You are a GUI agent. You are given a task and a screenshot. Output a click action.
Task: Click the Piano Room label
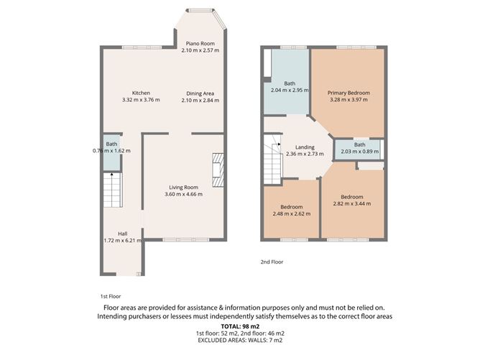(x=198, y=47)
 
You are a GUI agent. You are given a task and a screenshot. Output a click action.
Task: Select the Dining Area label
(x=200, y=97)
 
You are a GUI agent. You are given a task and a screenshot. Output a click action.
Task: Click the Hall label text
(x=123, y=236)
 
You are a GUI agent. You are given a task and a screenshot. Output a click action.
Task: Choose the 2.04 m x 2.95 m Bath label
(x=286, y=87)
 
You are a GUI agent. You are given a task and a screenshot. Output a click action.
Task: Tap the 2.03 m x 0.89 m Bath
(x=359, y=148)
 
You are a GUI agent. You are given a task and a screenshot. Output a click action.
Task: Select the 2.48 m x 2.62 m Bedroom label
(x=291, y=211)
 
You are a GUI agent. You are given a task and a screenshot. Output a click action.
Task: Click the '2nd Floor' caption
(x=272, y=262)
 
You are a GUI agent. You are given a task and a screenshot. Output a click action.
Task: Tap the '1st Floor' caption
(x=111, y=296)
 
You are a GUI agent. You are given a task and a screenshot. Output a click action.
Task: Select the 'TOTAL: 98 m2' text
(x=240, y=326)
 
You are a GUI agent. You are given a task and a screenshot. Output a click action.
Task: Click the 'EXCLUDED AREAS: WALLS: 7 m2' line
(x=240, y=342)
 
